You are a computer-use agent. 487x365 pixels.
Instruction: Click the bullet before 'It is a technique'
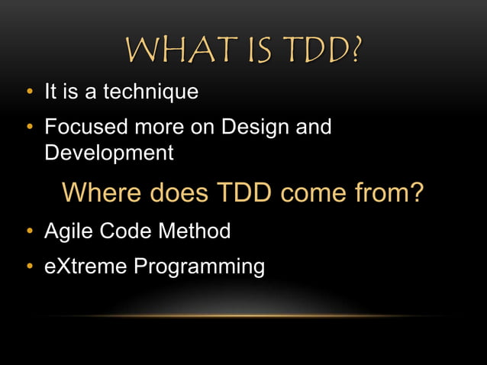[28, 93]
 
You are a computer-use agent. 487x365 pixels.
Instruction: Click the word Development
[109, 153]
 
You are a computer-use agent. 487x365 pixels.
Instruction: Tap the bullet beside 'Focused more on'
[28, 127]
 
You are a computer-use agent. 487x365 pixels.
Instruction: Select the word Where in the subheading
[102, 192]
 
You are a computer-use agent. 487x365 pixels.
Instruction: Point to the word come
[319, 192]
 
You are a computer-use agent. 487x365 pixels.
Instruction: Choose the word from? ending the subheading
[392, 192]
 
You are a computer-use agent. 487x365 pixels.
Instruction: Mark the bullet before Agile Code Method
[28, 231]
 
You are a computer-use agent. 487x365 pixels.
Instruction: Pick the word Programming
[199, 267]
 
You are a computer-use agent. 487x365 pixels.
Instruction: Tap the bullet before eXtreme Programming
[28, 266]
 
